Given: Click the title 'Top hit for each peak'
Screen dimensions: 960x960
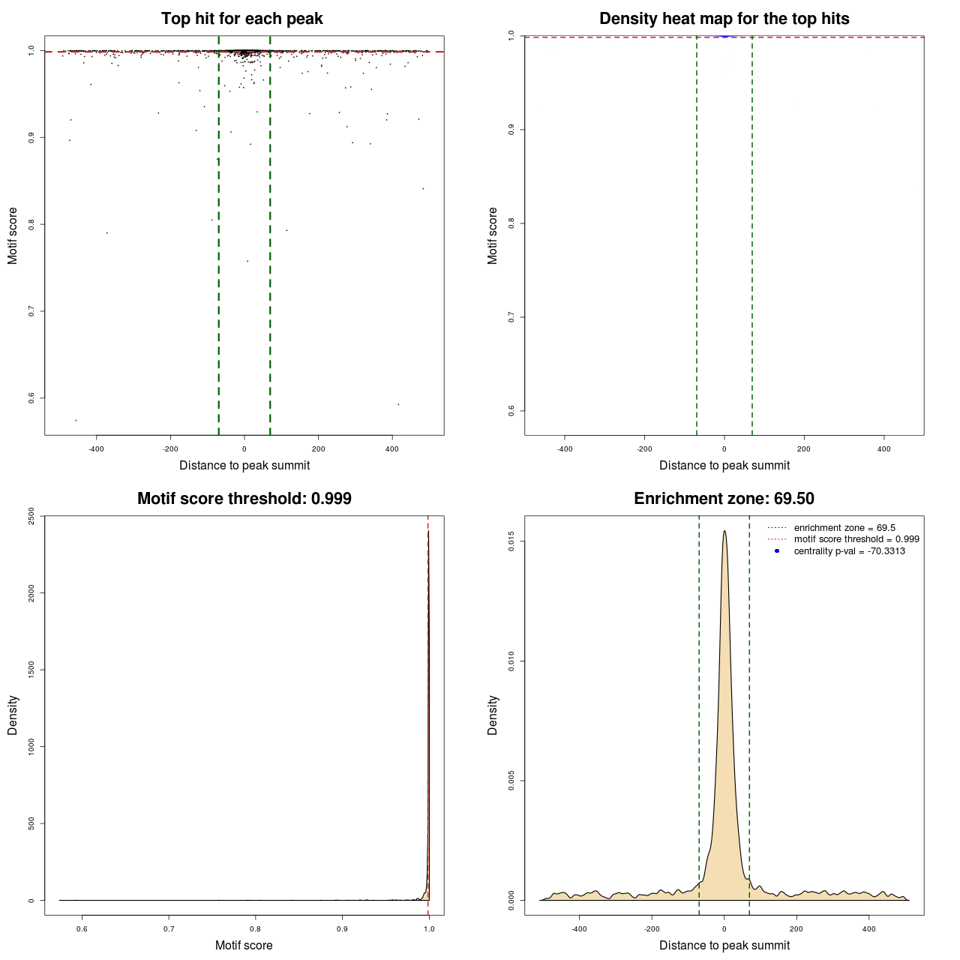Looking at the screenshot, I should (x=241, y=19).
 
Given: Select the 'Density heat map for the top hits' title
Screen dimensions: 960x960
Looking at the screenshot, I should (x=724, y=19).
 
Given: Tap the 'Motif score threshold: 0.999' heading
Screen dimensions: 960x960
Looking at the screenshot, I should (x=244, y=499).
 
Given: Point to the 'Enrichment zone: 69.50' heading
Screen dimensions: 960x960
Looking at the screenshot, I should (x=724, y=499).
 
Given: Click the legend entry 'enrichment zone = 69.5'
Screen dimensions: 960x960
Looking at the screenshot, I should (x=844, y=528).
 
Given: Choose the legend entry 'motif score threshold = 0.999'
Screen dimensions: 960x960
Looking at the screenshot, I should (x=856, y=539).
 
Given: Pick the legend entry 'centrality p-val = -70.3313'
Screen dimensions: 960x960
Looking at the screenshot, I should (x=849, y=551).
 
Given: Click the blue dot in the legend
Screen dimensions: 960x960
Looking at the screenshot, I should (x=777, y=551).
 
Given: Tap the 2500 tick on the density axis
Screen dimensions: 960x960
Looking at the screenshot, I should (x=31, y=516).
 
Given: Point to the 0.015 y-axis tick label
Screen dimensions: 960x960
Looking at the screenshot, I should (x=511, y=541).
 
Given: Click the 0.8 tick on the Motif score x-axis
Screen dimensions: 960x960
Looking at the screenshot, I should (x=256, y=929).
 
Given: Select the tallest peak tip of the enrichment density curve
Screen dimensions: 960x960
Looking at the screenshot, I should (x=724, y=531).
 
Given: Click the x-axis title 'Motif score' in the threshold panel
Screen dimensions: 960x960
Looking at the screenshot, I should (x=244, y=945).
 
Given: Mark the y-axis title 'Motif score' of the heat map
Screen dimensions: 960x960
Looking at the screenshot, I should (x=493, y=235).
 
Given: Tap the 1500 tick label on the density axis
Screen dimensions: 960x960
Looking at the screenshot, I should (x=31, y=670).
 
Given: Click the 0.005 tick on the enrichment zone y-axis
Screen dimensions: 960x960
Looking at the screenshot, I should (x=511, y=781).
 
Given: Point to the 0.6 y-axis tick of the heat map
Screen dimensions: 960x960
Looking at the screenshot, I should (x=511, y=410).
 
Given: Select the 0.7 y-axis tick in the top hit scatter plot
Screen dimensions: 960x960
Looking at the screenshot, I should (x=31, y=311).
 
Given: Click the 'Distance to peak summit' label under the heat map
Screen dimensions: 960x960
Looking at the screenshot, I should (x=724, y=465).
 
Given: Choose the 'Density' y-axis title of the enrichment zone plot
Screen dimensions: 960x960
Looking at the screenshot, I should (x=493, y=715).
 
